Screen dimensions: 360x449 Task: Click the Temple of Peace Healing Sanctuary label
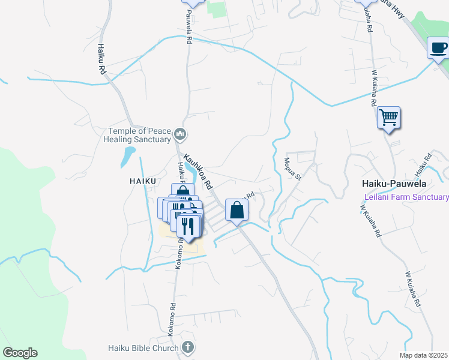[x=139, y=135]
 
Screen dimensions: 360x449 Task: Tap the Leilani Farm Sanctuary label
[x=406, y=197]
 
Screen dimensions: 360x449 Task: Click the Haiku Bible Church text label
[x=143, y=348]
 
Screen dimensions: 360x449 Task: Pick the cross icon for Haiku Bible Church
[x=187, y=347]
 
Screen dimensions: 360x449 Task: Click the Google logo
[x=20, y=353]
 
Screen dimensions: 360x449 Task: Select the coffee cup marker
[x=438, y=47]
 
